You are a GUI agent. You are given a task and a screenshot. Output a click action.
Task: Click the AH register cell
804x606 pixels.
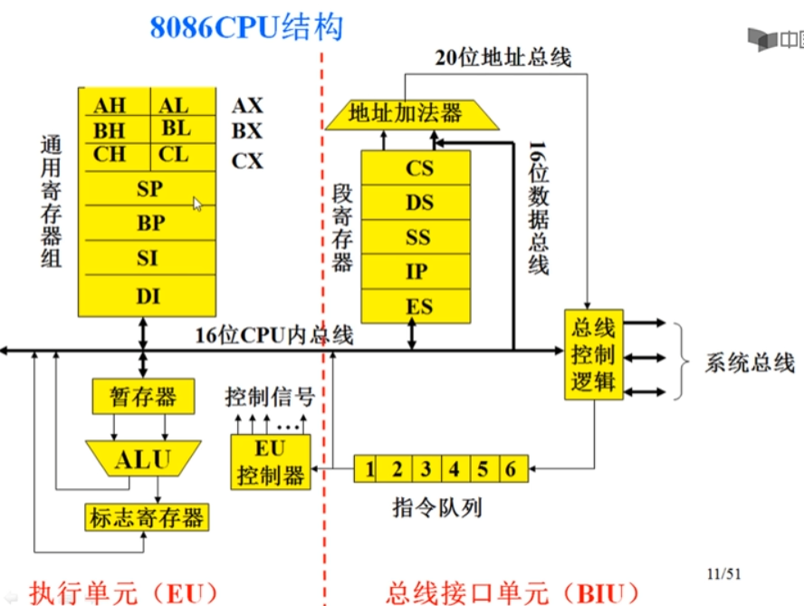(x=110, y=106)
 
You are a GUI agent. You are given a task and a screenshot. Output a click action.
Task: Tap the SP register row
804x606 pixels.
(x=148, y=189)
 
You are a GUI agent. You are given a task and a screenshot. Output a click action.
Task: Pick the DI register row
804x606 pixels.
(x=148, y=295)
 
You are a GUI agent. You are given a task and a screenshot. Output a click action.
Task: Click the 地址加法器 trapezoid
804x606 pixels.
(x=406, y=113)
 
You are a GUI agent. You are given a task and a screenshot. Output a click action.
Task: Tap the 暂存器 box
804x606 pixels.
(x=143, y=397)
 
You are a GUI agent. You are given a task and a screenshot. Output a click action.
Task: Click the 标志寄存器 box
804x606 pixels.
(x=146, y=517)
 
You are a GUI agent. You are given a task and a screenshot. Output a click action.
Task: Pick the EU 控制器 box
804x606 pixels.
(x=270, y=461)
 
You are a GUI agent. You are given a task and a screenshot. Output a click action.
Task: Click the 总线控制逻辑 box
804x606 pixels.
(x=593, y=354)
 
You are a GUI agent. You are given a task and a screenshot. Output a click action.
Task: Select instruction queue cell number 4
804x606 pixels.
(x=455, y=469)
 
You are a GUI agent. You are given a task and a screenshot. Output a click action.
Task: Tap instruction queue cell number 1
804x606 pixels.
(x=368, y=469)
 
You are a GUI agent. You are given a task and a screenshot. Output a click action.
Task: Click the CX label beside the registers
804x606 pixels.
(x=247, y=161)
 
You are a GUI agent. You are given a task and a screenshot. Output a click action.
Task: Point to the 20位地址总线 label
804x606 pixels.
(x=502, y=58)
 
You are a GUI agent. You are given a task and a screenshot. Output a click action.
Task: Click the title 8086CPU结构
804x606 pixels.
(x=246, y=26)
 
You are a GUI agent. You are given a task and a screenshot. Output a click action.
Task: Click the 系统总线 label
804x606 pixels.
(x=749, y=363)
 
